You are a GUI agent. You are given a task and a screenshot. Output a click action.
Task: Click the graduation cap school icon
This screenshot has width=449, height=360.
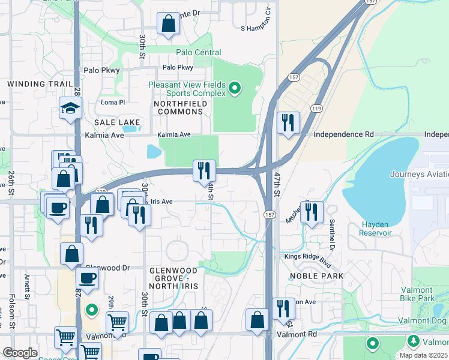coord(70,109)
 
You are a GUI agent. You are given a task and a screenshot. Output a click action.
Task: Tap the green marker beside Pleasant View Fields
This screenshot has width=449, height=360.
coord(235,89)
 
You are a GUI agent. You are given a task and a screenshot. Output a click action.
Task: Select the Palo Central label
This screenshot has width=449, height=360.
coord(199,53)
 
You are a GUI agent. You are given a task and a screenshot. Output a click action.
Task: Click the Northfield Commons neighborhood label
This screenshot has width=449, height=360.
coord(180,107)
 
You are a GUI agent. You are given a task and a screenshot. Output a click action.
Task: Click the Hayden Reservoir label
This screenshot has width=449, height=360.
coord(376,228)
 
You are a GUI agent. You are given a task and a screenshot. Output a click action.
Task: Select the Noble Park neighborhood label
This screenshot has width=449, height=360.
coord(316,276)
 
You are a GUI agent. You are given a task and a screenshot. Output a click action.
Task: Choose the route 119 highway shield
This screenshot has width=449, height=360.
coord(316,108)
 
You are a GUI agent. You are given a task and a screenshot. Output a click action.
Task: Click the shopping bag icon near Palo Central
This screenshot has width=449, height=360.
coord(169,25)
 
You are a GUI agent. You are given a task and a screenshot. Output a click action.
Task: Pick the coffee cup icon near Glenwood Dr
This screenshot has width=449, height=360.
coord(88,278)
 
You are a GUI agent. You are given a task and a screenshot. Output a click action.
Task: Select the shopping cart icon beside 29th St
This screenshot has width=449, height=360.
coord(117,322)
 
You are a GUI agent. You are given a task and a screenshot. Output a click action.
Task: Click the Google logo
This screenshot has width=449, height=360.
coord(20,352)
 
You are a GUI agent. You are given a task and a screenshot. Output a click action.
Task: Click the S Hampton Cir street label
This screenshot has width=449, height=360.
coord(256,28)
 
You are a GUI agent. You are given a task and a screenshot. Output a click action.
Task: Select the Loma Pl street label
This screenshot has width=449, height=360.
coord(112,103)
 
